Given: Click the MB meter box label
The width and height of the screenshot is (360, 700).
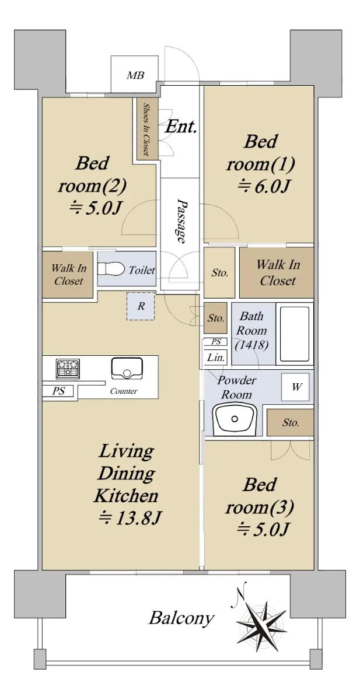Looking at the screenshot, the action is [135, 75].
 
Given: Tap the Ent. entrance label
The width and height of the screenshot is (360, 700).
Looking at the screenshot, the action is [181, 127].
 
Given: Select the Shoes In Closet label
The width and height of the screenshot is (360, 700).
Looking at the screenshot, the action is [146, 129].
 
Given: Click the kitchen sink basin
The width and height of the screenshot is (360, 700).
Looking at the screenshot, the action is [127, 369].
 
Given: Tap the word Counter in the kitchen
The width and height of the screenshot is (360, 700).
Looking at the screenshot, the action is [124, 391].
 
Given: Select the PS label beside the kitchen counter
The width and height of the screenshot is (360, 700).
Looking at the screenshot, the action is [58, 391].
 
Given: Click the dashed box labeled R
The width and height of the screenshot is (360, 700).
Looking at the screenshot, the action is [141, 306].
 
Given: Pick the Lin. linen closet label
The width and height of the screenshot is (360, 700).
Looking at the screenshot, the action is [216, 358].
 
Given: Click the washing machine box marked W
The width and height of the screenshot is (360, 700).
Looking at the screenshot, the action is [295, 387].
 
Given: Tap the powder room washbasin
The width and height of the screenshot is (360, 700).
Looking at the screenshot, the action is [234, 419].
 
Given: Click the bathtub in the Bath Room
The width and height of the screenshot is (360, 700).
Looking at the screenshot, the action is [295, 334].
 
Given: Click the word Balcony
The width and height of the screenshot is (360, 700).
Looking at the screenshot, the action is [181, 618].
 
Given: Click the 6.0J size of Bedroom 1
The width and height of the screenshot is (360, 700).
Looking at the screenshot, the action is [264, 186].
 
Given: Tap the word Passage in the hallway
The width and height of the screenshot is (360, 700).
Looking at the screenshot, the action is [181, 220].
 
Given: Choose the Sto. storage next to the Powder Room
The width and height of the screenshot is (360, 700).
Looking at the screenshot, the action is [291, 422].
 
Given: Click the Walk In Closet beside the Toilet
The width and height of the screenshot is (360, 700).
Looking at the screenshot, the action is [68, 275].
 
